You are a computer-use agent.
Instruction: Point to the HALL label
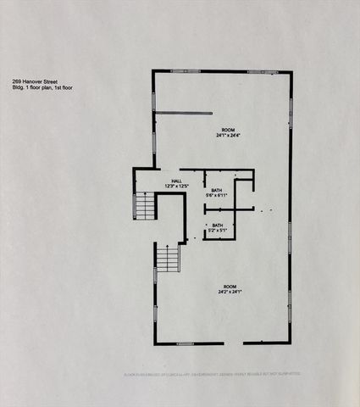tap(176, 181)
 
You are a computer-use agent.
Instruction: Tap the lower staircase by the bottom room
tap(168, 256)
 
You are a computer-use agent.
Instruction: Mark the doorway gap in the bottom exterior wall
tap(224, 343)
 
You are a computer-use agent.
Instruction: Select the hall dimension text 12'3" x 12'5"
tap(176, 186)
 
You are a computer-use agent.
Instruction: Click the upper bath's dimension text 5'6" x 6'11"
tap(217, 196)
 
